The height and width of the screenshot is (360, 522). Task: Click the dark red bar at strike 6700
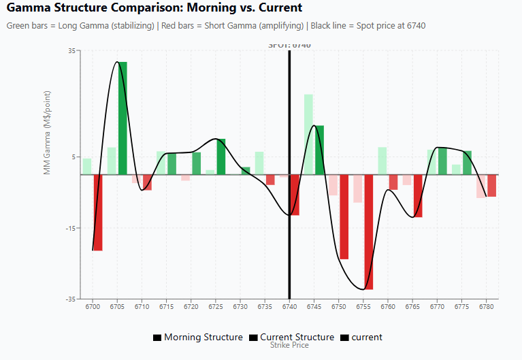point(98,212)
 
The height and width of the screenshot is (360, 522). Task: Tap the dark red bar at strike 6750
point(344,216)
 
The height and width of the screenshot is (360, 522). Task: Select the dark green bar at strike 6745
point(319,150)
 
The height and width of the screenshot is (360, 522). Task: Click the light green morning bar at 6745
point(308,134)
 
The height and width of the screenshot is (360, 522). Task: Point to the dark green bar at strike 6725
point(221,157)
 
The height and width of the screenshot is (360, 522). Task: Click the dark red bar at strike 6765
point(418,195)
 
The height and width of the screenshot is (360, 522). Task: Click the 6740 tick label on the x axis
point(289,307)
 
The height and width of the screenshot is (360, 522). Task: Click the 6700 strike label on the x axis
point(93,307)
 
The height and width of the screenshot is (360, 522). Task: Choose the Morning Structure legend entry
point(198,337)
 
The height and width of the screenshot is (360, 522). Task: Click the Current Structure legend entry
point(292,337)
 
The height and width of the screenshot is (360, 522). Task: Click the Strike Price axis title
point(289,345)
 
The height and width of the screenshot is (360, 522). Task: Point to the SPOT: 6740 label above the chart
point(289,46)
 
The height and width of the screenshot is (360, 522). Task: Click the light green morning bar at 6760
point(382,161)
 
